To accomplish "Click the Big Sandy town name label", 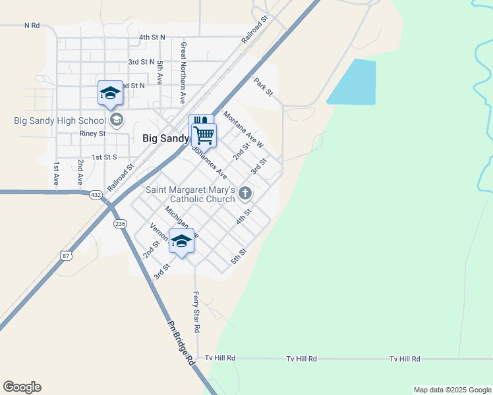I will pyautogui.click(x=165, y=139).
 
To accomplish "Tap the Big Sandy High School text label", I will pyautogui.click(x=59, y=120).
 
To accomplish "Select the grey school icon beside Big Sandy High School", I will pyautogui.click(x=117, y=120).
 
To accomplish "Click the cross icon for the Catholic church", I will pyautogui.click(x=245, y=193).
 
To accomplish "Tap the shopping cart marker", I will pyautogui.click(x=204, y=134).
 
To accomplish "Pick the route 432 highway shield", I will pyautogui.click(x=96, y=195).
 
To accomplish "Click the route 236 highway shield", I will pyautogui.click(x=120, y=224).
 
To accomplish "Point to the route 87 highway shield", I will pyautogui.click(x=65, y=254).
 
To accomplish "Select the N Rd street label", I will pyautogui.click(x=32, y=26).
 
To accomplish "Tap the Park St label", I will pyautogui.click(x=264, y=88).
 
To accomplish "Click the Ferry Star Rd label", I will pyautogui.click(x=196, y=312).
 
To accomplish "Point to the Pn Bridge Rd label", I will pyautogui.click(x=181, y=343).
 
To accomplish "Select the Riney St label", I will pyautogui.click(x=92, y=133).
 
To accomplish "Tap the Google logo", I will pyautogui.click(x=22, y=387).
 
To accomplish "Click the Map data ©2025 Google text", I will pyautogui.click(x=452, y=390).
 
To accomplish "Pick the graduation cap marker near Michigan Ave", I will pyautogui.click(x=182, y=242).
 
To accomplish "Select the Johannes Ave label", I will pyautogui.click(x=209, y=162).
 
